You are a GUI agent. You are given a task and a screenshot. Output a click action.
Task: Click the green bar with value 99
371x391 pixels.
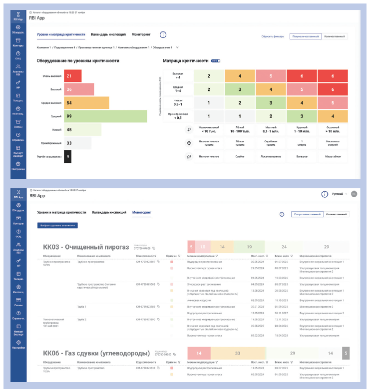(105, 116)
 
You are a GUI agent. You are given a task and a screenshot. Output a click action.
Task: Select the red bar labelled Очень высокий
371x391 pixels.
(72, 76)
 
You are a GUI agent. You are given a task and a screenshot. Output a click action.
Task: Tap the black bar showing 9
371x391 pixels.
(68, 157)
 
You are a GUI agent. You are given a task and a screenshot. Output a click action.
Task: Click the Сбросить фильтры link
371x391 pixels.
(273, 36)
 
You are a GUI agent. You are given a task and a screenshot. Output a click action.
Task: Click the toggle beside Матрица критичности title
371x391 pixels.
(216, 61)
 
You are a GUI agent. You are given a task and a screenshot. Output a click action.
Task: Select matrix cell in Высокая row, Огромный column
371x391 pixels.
(333, 76)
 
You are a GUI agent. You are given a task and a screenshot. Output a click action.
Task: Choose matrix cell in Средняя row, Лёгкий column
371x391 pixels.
(240, 89)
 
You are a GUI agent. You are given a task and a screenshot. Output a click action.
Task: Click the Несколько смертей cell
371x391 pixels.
(333, 143)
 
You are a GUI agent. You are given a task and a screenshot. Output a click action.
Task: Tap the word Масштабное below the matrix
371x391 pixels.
(333, 156)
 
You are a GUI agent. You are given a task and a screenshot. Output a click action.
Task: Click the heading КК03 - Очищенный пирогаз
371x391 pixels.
(86, 247)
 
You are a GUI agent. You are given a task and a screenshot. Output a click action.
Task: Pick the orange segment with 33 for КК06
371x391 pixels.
(237, 353)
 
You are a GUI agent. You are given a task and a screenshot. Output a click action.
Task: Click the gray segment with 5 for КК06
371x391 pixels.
(346, 353)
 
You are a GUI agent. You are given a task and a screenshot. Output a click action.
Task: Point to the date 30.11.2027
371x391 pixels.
(282, 313)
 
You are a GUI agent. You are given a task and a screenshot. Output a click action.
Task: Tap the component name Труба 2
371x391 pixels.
(82, 319)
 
